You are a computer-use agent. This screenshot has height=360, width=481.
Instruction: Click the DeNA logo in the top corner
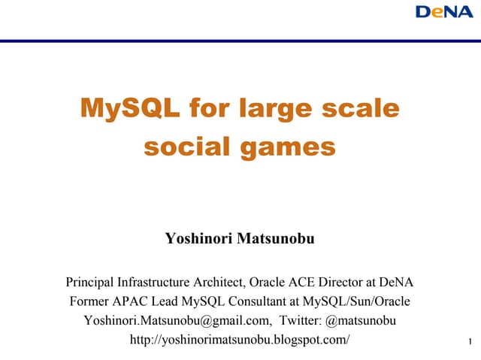pyautogui.click(x=444, y=13)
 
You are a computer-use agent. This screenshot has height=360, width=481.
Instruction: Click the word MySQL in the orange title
pyautogui.click(x=129, y=109)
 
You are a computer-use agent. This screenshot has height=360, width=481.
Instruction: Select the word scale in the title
pyautogui.click(x=360, y=109)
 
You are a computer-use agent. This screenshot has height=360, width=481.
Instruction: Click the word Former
pyautogui.click(x=88, y=303)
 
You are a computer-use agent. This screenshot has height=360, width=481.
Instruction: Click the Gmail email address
pyautogui.click(x=177, y=322)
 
